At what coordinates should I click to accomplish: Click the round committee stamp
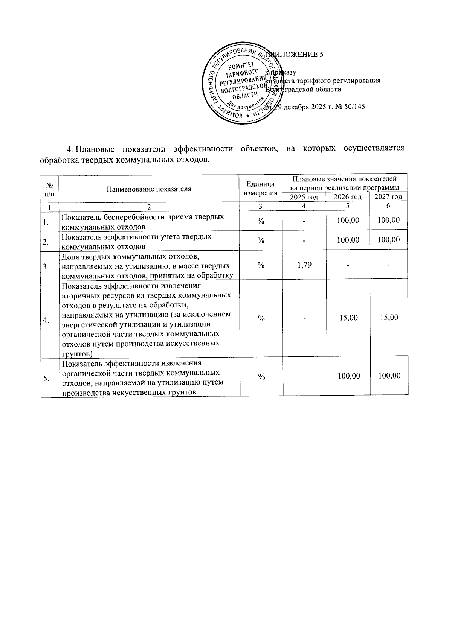pyautogui.click(x=241, y=86)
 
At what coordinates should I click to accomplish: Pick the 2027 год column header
pyautogui.click(x=388, y=197)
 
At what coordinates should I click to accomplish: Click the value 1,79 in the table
pyautogui.click(x=304, y=265)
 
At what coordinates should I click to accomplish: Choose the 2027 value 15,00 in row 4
pyautogui.click(x=389, y=318)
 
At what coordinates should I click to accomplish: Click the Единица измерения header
pyautogui.click(x=260, y=188)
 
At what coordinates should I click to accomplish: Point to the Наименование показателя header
pyautogui.click(x=149, y=189)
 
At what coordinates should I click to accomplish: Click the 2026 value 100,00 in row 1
pyautogui.click(x=348, y=221)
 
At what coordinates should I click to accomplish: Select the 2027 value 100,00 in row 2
pyautogui.click(x=389, y=240)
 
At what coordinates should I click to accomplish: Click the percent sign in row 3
pyautogui.click(x=261, y=265)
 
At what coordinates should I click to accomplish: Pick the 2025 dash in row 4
pyautogui.click(x=304, y=318)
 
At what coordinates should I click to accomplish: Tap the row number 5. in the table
pyautogui.click(x=46, y=379)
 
